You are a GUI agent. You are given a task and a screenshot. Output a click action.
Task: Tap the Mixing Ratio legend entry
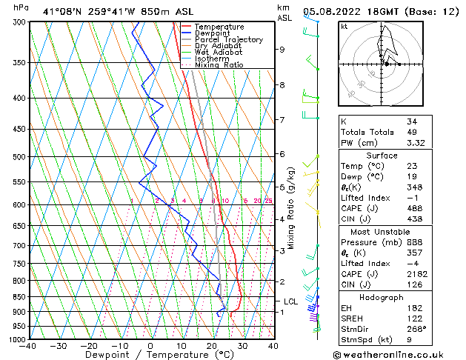219,65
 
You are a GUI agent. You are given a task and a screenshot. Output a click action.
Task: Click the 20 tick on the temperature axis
212,346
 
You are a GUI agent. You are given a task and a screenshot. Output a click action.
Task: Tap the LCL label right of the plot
290,301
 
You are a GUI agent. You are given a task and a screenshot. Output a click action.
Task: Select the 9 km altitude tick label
282,50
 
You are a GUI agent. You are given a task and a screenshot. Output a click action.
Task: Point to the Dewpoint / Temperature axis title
150,355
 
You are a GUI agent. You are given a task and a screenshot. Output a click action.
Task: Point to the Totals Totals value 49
412,132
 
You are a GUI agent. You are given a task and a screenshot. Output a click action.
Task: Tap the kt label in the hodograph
344,26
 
